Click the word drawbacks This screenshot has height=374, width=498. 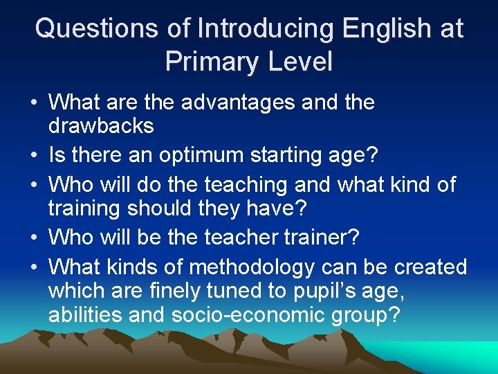pyautogui.click(x=101, y=126)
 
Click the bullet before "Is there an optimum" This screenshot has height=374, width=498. pyautogui.click(x=34, y=156)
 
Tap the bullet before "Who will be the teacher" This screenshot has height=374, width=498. pyautogui.click(x=34, y=238)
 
